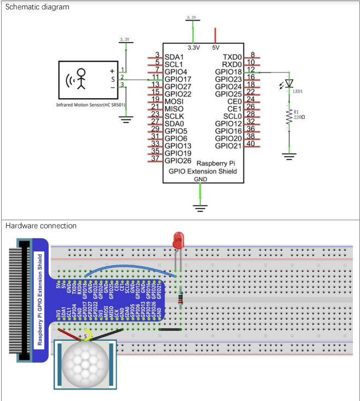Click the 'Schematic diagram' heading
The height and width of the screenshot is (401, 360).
(x=38, y=8)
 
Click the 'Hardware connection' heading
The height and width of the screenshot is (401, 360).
(x=41, y=226)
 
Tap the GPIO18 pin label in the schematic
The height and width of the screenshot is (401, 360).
(x=228, y=72)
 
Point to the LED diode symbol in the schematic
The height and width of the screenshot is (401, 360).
(x=289, y=84)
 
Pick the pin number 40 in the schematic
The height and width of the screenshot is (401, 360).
(x=252, y=144)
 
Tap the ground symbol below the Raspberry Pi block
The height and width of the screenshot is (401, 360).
(x=201, y=207)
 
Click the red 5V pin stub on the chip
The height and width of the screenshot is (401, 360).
(x=215, y=36)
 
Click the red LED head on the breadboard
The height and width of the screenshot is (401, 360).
(x=178, y=239)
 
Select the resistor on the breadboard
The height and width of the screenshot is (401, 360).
(x=181, y=298)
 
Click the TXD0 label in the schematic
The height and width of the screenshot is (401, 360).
(x=232, y=57)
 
